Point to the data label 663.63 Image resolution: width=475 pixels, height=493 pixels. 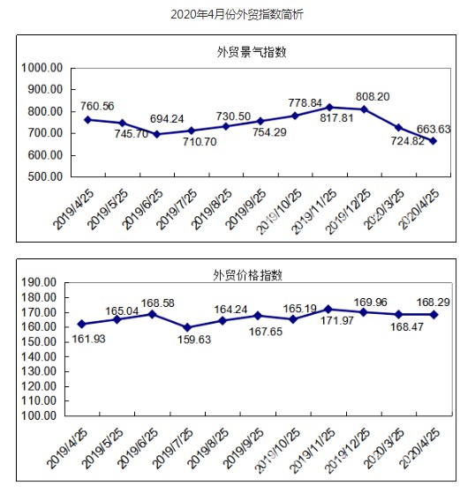434,129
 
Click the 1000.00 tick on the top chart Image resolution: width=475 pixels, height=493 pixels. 41,68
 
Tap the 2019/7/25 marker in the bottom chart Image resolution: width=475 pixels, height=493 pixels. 187,327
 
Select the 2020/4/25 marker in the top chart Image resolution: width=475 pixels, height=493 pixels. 434,140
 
